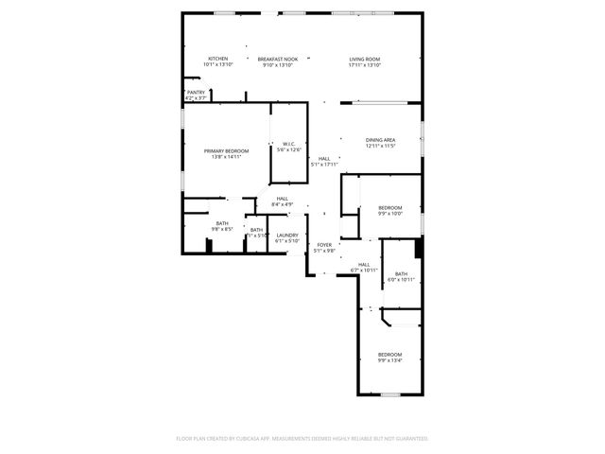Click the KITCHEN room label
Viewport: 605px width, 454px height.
coord(218,59)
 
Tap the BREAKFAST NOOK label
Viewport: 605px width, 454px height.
coord(277,59)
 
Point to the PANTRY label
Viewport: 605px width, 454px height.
coord(196,92)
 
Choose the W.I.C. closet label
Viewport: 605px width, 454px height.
coord(289,144)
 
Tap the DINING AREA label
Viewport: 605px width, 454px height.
coord(380,140)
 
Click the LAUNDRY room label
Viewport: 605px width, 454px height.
coord(287,235)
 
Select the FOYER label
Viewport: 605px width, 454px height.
coord(324,245)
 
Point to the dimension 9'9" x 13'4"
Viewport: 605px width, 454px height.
coord(390,360)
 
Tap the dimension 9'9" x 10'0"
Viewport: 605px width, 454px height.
coord(390,214)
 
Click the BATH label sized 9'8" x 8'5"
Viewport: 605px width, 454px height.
coord(221,223)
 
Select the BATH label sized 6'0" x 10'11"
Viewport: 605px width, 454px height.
coord(402,273)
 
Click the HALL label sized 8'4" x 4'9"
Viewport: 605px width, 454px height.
coord(282,198)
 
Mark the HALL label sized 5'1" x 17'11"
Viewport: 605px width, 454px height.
coord(324,158)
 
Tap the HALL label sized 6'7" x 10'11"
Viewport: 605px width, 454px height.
coord(364,265)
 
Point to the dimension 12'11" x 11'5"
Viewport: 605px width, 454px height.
coord(380,147)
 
